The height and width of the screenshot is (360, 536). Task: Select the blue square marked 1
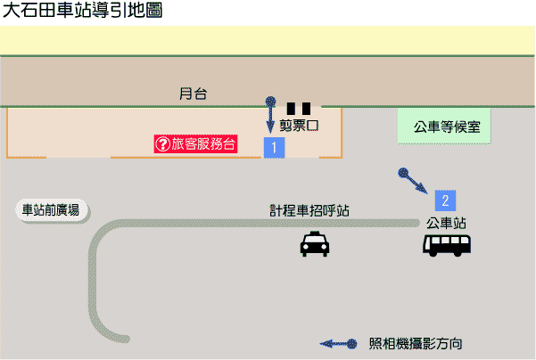pyautogui.click(x=274, y=147)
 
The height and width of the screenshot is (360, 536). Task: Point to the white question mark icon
pyautogui.click(x=163, y=143)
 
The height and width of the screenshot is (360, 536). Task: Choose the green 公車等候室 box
pyautogui.click(x=447, y=127)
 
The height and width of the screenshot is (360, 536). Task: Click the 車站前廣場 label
pyautogui.click(x=51, y=210)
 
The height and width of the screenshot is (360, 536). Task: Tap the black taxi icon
pyautogui.click(x=313, y=244)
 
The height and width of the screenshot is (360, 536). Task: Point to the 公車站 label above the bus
pyautogui.click(x=447, y=223)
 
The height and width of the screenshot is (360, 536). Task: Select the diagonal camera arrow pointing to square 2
pyautogui.click(x=413, y=181)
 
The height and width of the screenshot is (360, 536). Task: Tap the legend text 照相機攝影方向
pyautogui.click(x=415, y=343)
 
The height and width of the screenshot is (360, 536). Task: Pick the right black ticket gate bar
pyautogui.click(x=307, y=109)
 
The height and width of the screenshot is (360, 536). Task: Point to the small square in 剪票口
pyautogui.click(x=312, y=126)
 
